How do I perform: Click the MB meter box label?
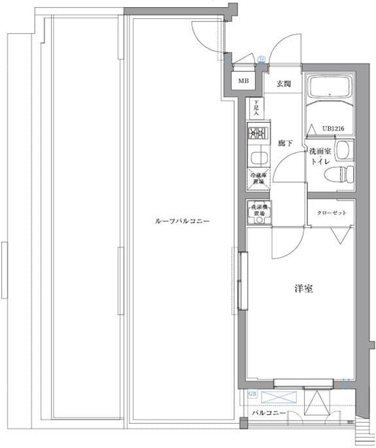pos(243,82)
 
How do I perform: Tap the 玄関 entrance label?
pos(283,84)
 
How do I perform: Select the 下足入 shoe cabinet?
pos(256,107)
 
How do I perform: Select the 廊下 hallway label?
pos(284,142)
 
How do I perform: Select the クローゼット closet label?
pos(331,214)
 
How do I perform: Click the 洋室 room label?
pos(303,288)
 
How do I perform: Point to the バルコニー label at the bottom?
pos(268,414)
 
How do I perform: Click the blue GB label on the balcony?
pos(252,394)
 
